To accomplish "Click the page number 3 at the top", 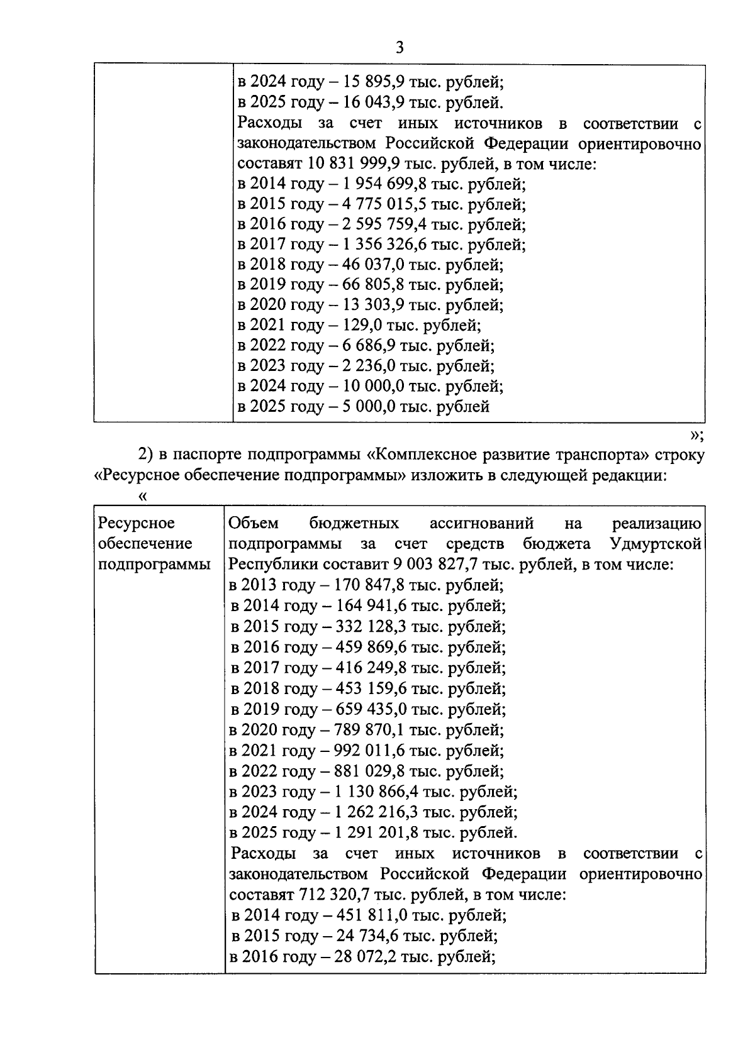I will pos(400,48).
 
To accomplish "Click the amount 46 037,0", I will pos(374,264).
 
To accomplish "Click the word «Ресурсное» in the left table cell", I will pos(137,523).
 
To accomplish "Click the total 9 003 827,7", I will pos(439,564).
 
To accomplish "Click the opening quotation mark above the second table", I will pos(143,496).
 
